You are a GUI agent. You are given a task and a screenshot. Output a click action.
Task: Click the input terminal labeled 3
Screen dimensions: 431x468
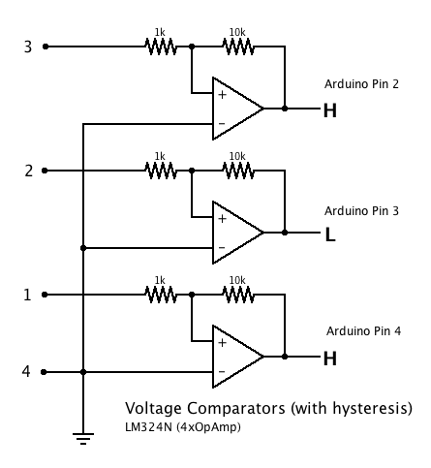click(x=46, y=47)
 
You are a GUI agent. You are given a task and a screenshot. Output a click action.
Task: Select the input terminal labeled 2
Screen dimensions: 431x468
click(x=45, y=171)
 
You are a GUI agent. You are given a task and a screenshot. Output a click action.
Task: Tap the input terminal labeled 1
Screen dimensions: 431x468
click(x=45, y=295)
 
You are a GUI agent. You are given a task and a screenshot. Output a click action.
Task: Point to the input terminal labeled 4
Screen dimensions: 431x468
click(x=44, y=372)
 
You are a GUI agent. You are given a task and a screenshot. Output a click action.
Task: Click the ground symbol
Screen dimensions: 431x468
click(x=83, y=439)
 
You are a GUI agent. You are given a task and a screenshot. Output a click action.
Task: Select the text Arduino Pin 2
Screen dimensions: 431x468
click(x=361, y=84)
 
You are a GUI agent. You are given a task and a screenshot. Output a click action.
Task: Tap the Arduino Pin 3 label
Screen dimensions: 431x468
click(x=361, y=211)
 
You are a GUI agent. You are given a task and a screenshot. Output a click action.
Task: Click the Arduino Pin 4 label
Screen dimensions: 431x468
click(x=363, y=331)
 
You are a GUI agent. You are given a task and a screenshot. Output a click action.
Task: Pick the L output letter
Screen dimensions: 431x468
click(x=330, y=234)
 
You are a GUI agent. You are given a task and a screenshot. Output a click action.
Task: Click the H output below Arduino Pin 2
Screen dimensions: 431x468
click(x=330, y=110)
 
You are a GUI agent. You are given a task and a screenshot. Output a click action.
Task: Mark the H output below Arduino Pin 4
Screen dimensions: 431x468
click(x=330, y=359)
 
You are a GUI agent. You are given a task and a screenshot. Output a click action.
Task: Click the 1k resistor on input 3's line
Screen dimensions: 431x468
click(x=161, y=47)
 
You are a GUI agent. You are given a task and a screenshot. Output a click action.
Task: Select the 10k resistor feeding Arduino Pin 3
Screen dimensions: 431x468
click(x=238, y=171)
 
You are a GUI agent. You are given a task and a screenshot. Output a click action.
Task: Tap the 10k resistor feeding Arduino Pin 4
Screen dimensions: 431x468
click(x=238, y=295)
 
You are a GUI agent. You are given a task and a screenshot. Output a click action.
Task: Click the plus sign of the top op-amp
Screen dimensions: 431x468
click(x=222, y=95)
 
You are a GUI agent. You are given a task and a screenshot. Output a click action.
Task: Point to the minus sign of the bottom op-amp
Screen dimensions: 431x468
click(x=222, y=372)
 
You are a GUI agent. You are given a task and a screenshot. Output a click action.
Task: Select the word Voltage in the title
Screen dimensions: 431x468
click(x=154, y=409)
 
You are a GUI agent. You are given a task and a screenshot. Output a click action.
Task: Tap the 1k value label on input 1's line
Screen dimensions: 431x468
click(x=160, y=280)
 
